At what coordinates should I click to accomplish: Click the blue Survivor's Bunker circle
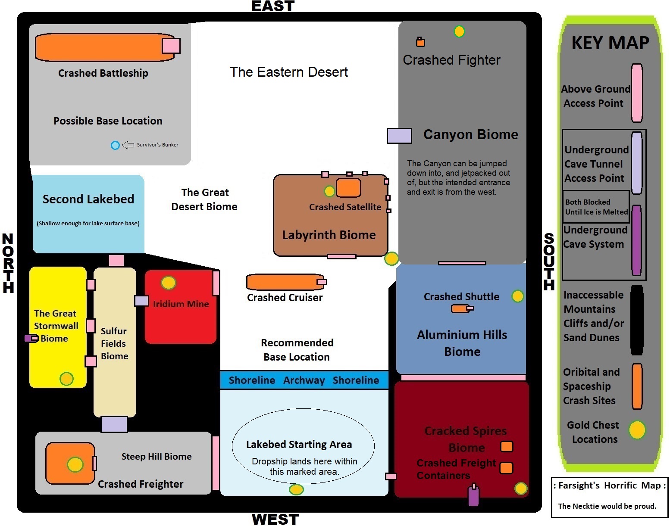(115, 146)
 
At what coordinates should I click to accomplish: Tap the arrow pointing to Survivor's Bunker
(128, 145)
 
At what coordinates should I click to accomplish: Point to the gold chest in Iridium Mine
(168, 283)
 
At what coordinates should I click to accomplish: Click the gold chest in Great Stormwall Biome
(66, 379)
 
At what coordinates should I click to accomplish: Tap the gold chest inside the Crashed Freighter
(75, 464)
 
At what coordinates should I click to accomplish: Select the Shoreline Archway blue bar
(304, 380)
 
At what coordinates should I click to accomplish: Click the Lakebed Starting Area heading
(299, 445)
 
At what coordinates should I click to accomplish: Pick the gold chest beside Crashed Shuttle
(517, 296)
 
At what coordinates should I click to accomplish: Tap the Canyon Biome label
(471, 134)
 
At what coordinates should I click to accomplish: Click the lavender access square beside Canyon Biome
(399, 136)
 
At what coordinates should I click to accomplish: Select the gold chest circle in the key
(637, 430)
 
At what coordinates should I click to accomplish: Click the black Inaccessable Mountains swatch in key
(637, 320)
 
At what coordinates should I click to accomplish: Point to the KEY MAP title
(610, 43)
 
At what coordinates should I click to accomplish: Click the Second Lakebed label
(88, 199)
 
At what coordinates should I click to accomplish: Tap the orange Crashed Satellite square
(348, 188)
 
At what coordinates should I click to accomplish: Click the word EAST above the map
(273, 6)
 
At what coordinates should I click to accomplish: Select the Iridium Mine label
(181, 304)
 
